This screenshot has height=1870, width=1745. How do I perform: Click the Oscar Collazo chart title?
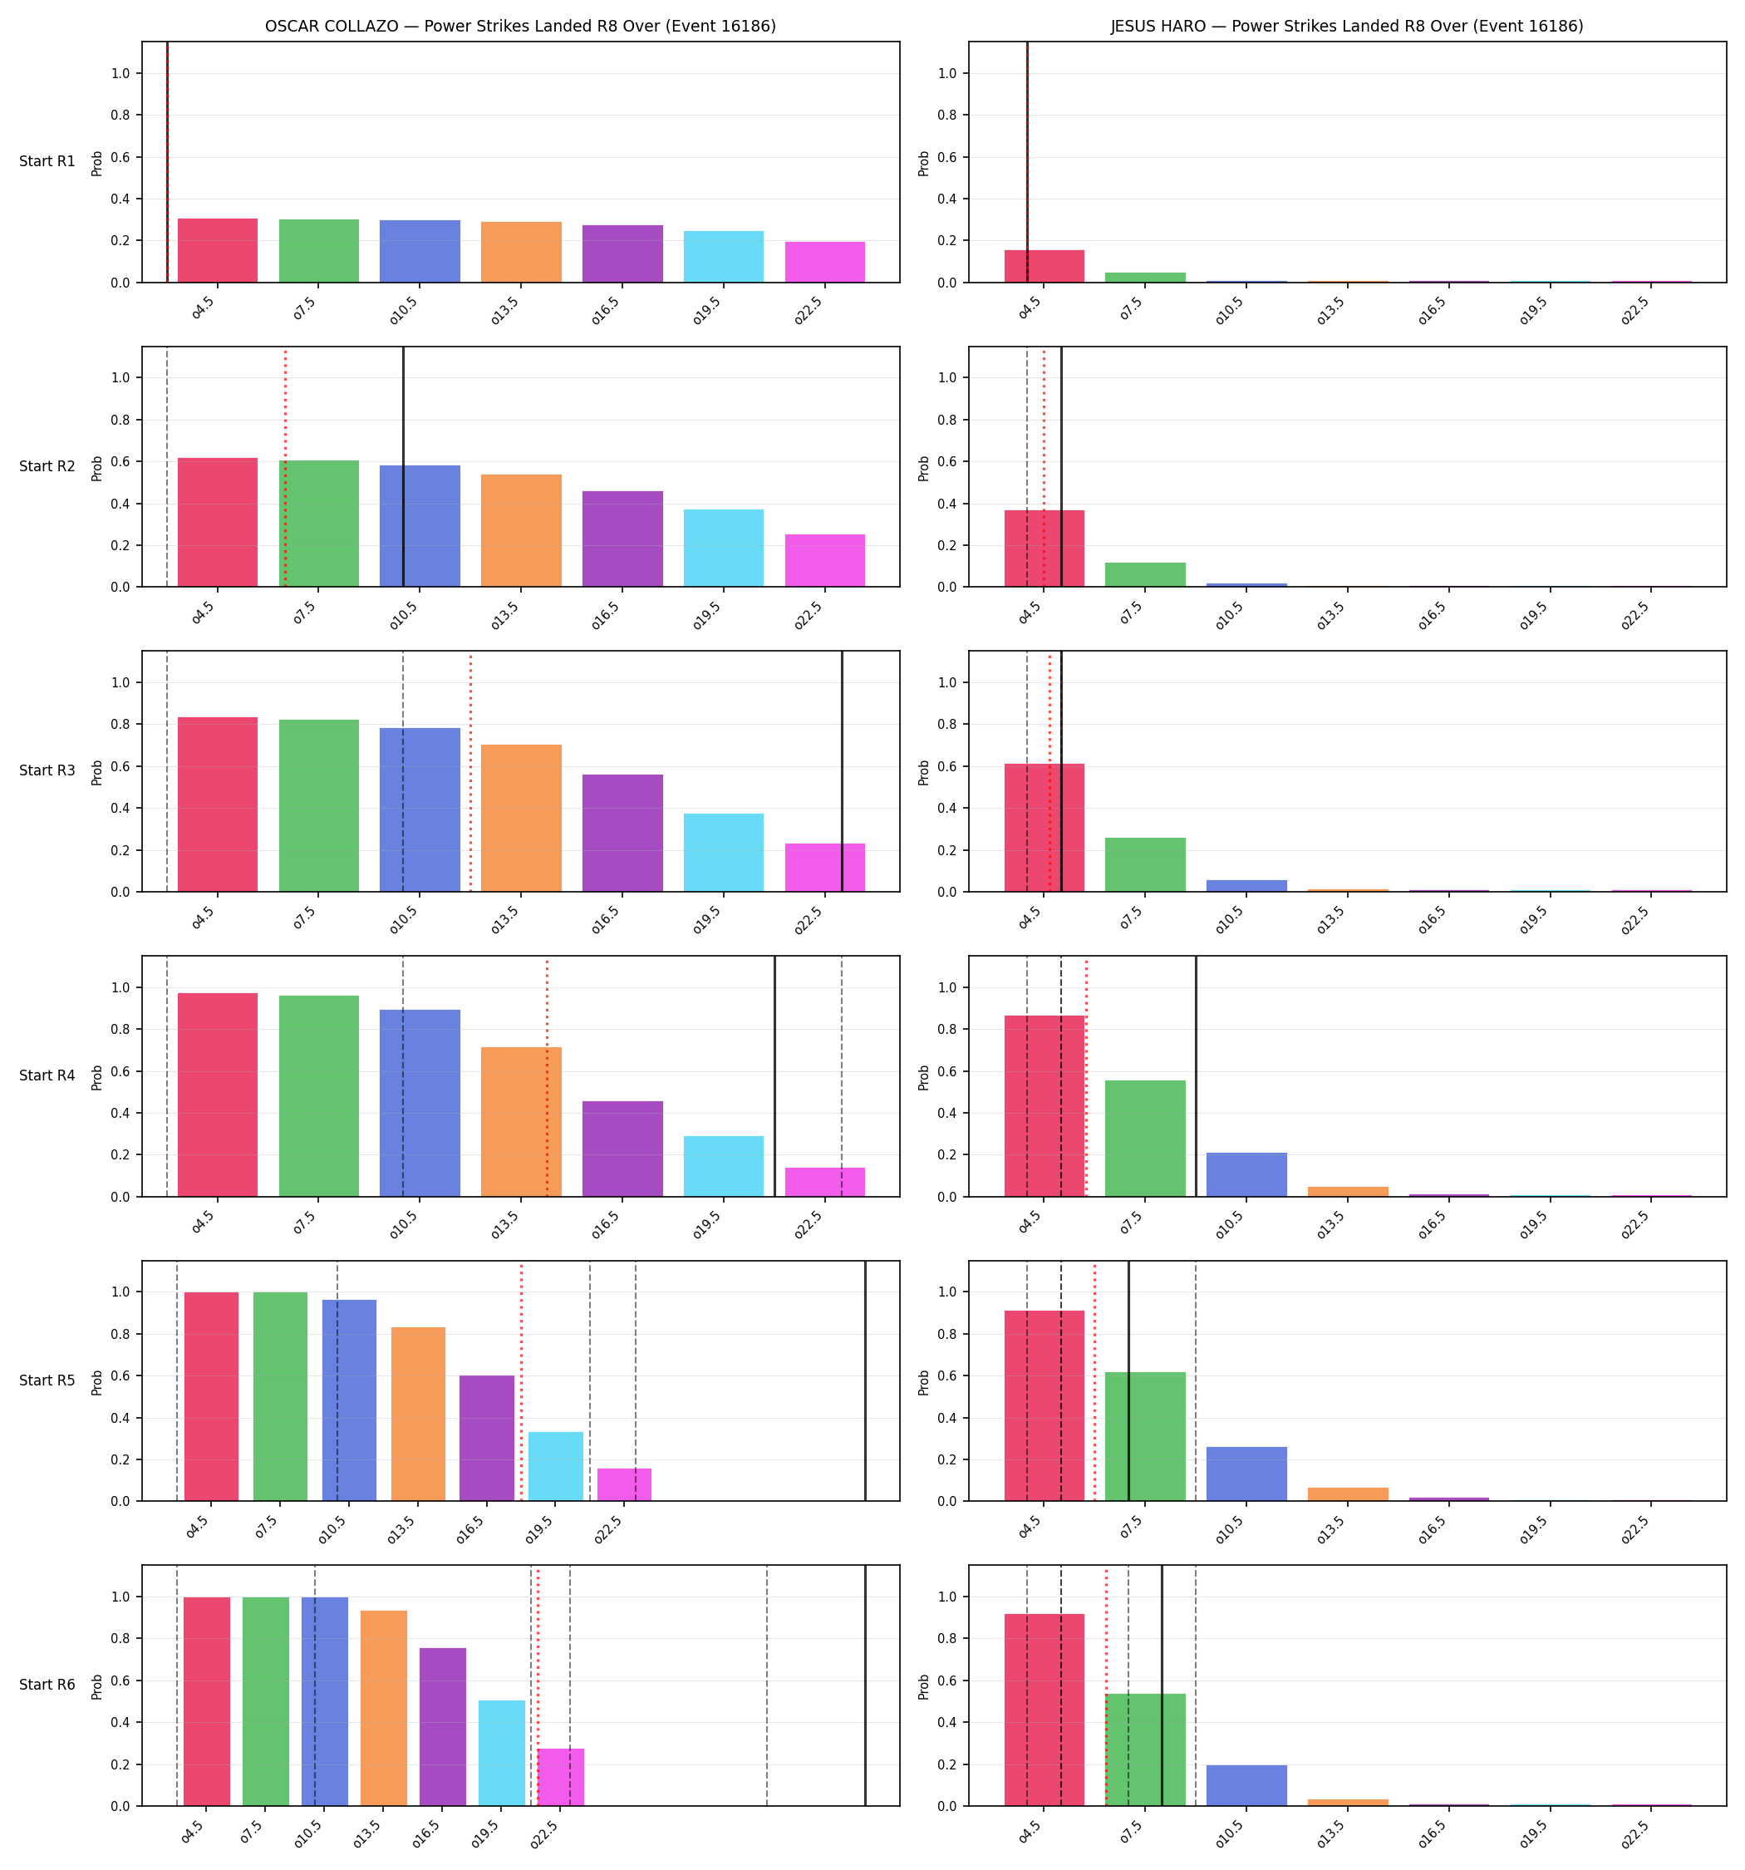coord(520,27)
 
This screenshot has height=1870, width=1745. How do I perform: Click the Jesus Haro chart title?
coord(1346,27)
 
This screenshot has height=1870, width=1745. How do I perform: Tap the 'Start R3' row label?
coord(47,770)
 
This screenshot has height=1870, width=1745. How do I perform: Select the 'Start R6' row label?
coord(47,1685)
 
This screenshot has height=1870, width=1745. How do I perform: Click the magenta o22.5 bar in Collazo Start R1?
coord(825,262)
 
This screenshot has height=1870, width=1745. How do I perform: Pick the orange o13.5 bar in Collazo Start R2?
coord(521,530)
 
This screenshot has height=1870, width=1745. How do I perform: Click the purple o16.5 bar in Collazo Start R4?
coord(622,1149)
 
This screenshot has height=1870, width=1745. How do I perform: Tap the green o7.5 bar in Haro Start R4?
coord(1145,1138)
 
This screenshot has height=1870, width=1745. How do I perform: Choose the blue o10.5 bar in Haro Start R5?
coord(1246,1474)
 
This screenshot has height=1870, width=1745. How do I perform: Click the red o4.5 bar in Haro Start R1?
coord(1045,266)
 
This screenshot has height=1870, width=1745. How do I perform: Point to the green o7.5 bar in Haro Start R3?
coord(1145,864)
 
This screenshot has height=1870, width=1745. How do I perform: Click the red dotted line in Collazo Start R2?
coord(285,467)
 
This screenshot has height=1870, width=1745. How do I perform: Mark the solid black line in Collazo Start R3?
coord(842,771)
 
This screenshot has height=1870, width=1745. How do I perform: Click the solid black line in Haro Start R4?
coord(1196,1076)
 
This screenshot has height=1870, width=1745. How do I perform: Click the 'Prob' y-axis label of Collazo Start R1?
coord(97,163)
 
